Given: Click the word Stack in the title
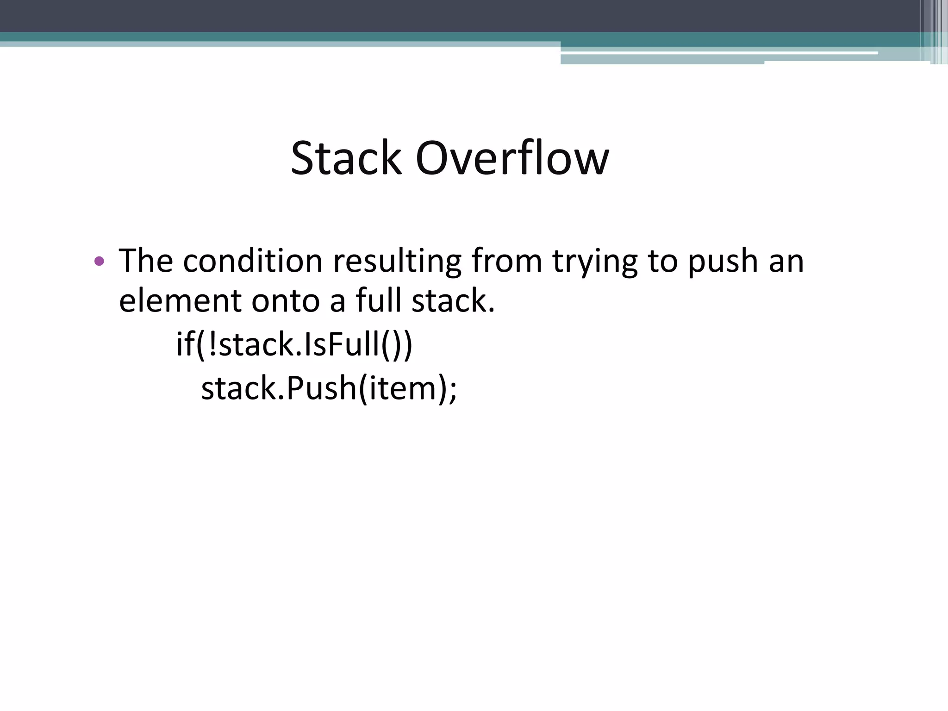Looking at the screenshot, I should (x=345, y=158).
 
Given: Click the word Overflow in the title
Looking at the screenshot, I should (x=512, y=158).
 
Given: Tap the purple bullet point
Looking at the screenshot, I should (x=99, y=261).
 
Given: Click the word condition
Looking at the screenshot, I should (x=252, y=260).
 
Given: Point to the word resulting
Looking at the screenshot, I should (x=397, y=260).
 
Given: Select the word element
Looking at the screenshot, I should (x=180, y=301).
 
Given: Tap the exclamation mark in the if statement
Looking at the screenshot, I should (x=212, y=344).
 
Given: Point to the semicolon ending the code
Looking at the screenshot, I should (x=452, y=391).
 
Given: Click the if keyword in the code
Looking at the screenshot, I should (x=185, y=344).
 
